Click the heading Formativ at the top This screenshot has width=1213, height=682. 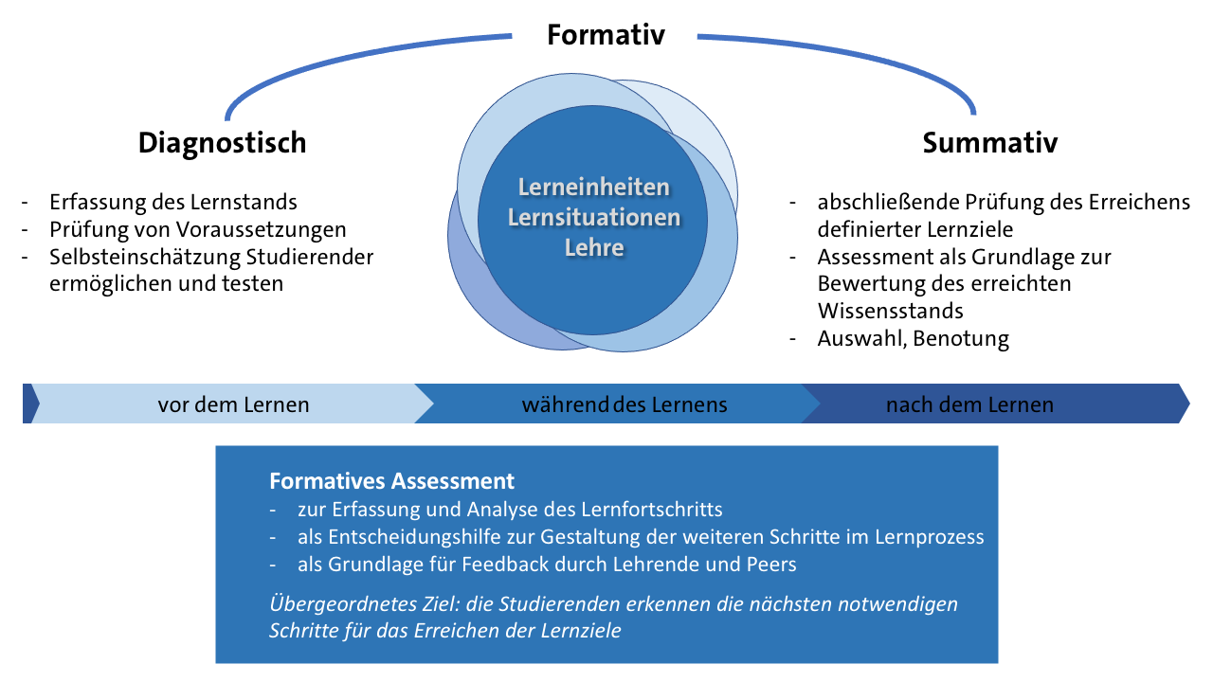(606, 35)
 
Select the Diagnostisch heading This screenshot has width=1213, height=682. (222, 142)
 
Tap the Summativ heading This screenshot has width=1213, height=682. (989, 142)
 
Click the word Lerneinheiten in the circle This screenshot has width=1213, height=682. (594, 188)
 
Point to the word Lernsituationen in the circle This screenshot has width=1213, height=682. (594, 218)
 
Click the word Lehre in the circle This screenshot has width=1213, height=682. (594, 248)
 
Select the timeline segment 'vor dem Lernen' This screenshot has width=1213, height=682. (233, 404)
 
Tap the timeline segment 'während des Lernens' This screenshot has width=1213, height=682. (624, 404)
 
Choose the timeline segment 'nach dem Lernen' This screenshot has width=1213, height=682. (969, 404)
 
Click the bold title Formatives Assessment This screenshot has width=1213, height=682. (391, 480)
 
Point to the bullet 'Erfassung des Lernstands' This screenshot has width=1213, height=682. (173, 202)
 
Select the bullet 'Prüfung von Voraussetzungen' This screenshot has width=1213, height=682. (198, 229)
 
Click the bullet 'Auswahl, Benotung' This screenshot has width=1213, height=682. (913, 338)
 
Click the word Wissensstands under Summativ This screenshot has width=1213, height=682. (890, 311)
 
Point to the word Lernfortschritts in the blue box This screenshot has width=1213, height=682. (648, 510)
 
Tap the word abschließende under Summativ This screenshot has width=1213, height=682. (889, 202)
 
